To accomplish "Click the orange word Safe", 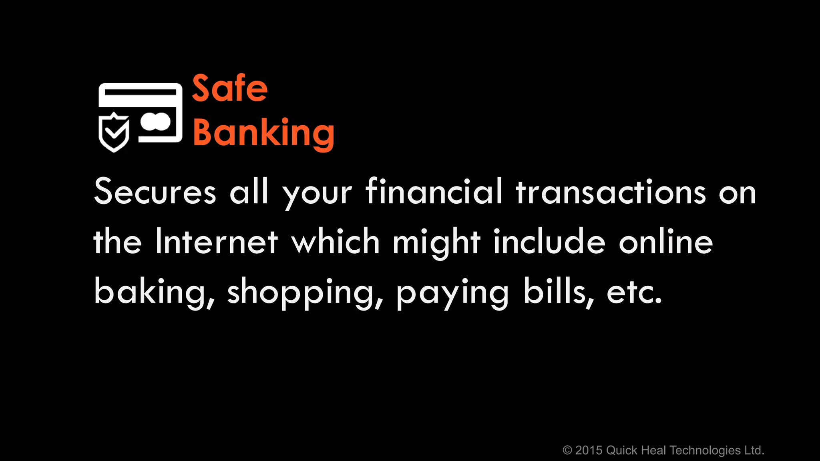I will [230, 88].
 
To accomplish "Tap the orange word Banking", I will [263, 133].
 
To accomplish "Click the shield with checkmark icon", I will [114, 132].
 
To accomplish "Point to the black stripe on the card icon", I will [140, 92].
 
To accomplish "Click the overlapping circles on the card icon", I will [155, 122].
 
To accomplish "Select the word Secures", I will [155, 192].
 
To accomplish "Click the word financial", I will [434, 192].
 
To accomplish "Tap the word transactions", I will [611, 192].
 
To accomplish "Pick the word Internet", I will [217, 241].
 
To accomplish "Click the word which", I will [336, 241].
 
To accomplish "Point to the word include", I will [549, 241].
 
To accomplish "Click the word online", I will [666, 241].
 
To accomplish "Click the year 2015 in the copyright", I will [589, 451].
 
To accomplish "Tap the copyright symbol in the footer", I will [567, 451].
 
